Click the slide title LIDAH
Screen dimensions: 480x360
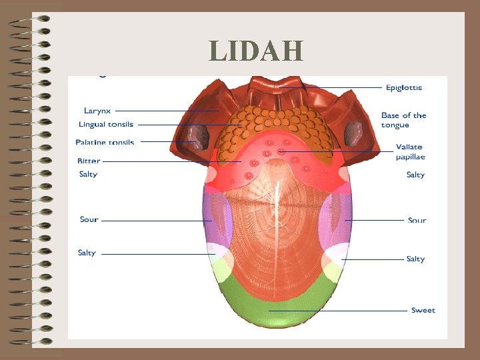pyautogui.click(x=256, y=51)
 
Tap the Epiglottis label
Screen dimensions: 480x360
pyautogui.click(x=403, y=87)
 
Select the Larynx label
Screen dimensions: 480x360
pyautogui.click(x=97, y=111)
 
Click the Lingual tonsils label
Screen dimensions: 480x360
pyautogui.click(x=105, y=125)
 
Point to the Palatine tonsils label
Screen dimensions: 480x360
pyautogui.click(x=105, y=142)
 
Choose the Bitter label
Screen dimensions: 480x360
pyautogui.click(x=89, y=161)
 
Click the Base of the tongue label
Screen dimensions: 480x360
pyautogui.click(x=403, y=120)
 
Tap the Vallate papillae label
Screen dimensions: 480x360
pyautogui.click(x=409, y=151)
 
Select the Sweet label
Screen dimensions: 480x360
pyautogui.click(x=423, y=310)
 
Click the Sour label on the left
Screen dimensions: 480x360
pyautogui.click(x=89, y=219)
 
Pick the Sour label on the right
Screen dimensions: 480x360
pyautogui.click(x=417, y=220)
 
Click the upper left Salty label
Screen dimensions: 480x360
pyautogui.click(x=88, y=174)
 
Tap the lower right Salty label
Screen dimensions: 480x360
pyautogui.click(x=415, y=259)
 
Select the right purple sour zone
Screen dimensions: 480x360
pyautogui.click(x=333, y=220)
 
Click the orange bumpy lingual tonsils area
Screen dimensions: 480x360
pyautogui.click(x=273, y=127)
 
